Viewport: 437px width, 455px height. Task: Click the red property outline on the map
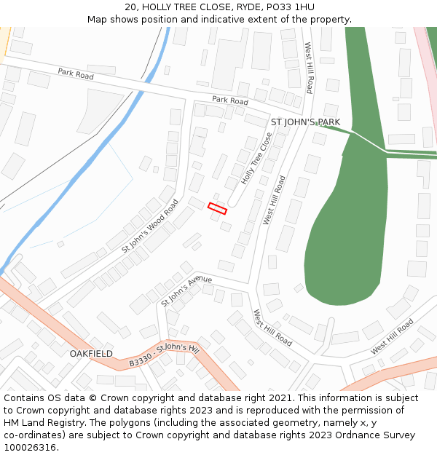point(217,208)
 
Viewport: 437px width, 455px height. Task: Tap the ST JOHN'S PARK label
point(305,122)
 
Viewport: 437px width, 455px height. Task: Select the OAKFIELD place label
point(91,354)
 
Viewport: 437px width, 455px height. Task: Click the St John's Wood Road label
point(149,226)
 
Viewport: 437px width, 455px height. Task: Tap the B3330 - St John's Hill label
point(163,355)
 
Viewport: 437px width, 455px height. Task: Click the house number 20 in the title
point(130,7)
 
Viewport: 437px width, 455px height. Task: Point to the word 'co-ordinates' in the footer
point(34,435)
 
